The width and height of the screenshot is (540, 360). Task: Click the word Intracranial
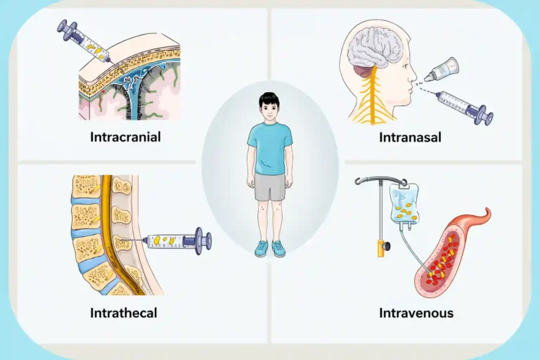[x=125, y=137]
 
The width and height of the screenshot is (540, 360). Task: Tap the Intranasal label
[x=410, y=137]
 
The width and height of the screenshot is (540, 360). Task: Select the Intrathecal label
[x=124, y=313]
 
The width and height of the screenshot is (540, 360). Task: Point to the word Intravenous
[x=416, y=313]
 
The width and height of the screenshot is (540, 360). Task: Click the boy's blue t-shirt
[x=270, y=149]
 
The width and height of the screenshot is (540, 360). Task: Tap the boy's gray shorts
[x=270, y=187]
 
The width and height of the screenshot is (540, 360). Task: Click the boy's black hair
[x=269, y=99]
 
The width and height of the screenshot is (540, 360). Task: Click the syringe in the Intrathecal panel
[x=172, y=240]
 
